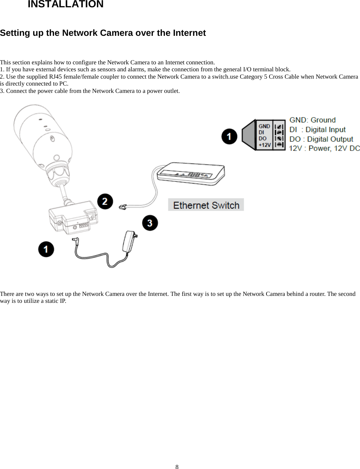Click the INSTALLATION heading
pyautogui.click(x=65, y=4)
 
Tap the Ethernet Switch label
pyautogui.click(x=206, y=205)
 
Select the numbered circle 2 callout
pyautogui.click(x=105, y=201)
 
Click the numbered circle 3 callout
pyautogui.click(x=150, y=223)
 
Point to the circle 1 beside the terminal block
pyautogui.click(x=229, y=136)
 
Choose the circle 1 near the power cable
pyautogui.click(x=46, y=249)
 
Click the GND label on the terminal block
pyautogui.click(x=264, y=126)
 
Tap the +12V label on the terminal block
pyautogui.click(x=264, y=145)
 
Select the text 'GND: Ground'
pyautogui.click(x=312, y=120)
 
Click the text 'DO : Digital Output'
pyautogui.click(x=321, y=139)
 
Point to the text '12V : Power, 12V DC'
pyautogui.click(x=324, y=148)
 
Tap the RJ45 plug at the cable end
pyautogui.click(x=123, y=207)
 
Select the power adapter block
pyautogui.click(x=130, y=241)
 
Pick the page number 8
pyautogui.click(x=177, y=467)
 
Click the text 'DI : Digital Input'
pyautogui.click(x=317, y=130)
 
